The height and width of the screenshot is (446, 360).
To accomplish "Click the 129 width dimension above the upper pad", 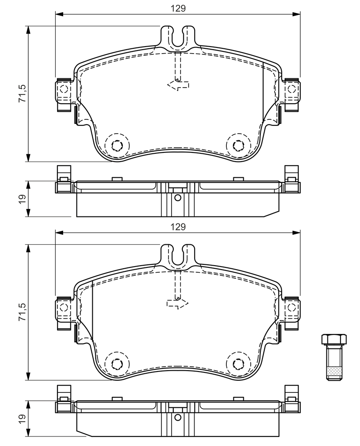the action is pos(178,9).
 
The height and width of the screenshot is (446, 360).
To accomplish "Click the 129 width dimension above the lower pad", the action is pos(178,226).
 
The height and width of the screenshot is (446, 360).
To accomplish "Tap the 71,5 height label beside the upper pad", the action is pos(22,94).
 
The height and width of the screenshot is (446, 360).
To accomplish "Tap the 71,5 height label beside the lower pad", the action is pos(22,312).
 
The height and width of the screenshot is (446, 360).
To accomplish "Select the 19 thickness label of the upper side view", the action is pos(23,199).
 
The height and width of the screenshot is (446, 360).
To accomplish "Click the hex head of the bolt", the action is pos(334,339).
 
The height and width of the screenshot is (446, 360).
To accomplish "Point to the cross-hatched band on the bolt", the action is pos(334,372).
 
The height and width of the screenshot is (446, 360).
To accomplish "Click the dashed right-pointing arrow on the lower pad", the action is pos(178,304).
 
